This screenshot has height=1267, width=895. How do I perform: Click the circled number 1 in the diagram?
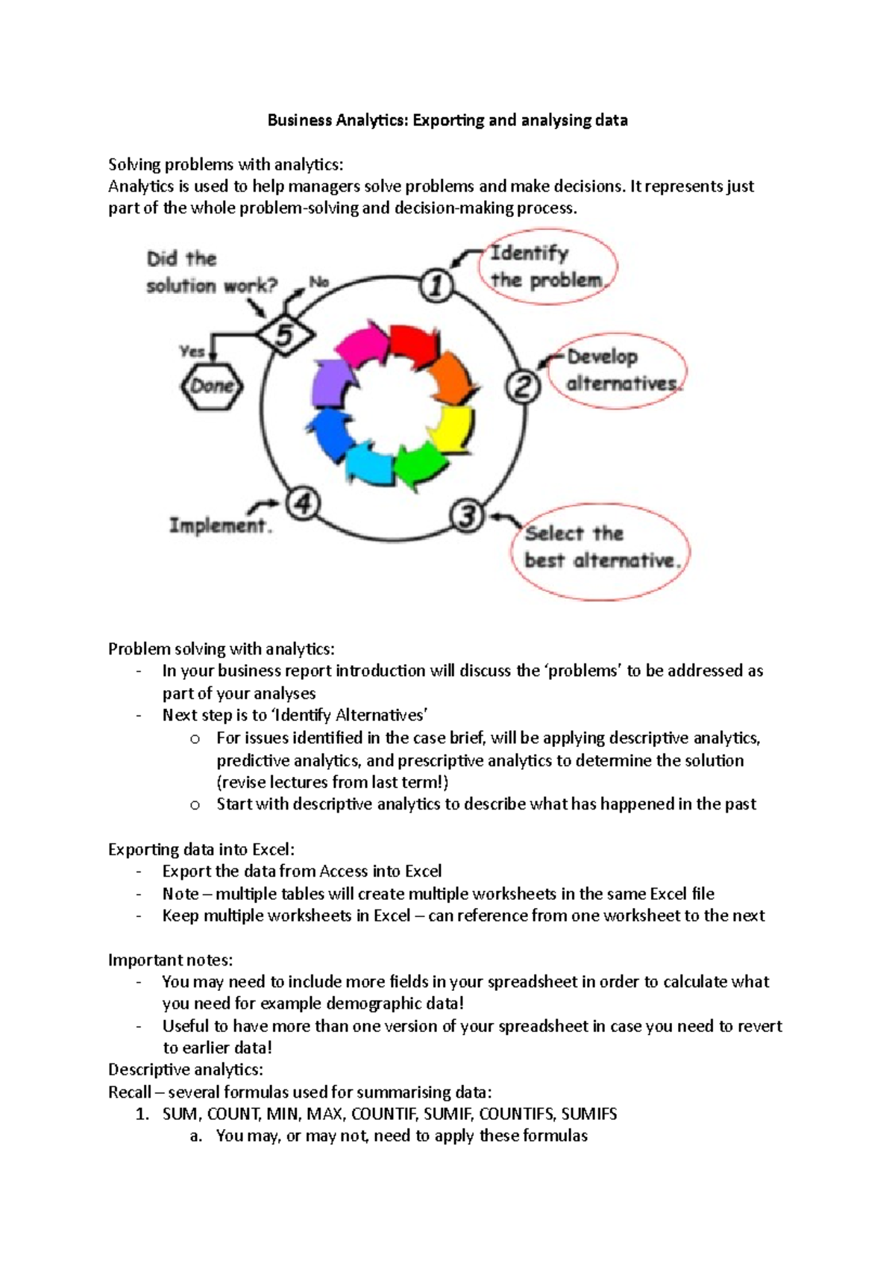point(436,286)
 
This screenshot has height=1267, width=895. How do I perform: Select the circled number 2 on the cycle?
point(523,387)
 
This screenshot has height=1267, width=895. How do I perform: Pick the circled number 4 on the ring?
point(302,503)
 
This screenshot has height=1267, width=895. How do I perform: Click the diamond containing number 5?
point(285,335)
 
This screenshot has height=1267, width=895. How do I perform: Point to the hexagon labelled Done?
point(212,386)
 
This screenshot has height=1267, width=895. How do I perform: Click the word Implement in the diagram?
point(218,525)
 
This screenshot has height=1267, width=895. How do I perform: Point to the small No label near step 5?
point(319,282)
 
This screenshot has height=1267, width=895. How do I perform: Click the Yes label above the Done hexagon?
point(192,351)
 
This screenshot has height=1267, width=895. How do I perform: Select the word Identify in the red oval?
point(529,254)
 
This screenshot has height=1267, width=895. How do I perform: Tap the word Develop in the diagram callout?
point(602,357)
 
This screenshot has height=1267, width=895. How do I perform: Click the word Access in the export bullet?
point(344,872)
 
